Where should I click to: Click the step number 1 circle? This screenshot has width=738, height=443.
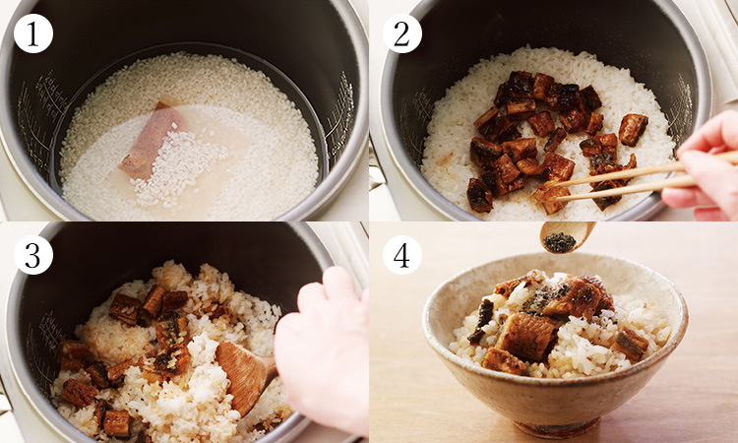(32, 33)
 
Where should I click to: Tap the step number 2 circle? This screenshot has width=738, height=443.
(401, 33)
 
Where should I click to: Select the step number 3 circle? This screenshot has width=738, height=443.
(32, 255)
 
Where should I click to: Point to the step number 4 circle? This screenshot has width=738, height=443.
(401, 255)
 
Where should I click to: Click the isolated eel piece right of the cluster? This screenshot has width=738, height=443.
(633, 129)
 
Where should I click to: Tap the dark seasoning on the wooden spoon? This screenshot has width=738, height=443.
(560, 242)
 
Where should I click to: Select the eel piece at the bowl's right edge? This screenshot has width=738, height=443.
(630, 344)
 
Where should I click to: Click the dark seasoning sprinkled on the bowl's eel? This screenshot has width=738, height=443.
(546, 295)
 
